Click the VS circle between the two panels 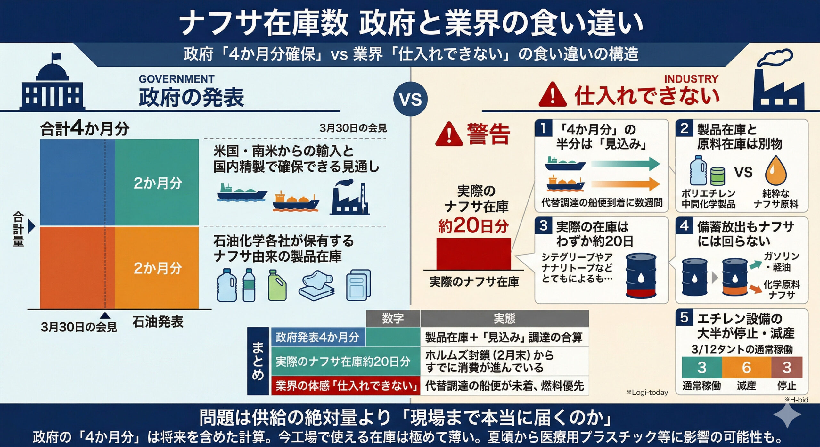click(x=410, y=99)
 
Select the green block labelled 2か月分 click(x=157, y=183)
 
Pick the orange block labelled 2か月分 click(x=157, y=268)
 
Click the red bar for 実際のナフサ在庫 click(x=473, y=254)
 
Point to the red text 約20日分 click(x=473, y=225)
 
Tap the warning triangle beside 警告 click(x=449, y=134)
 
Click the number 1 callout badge click(x=543, y=128)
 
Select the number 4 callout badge click(x=684, y=225)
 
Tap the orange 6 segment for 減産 click(x=746, y=367)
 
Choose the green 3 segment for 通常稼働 click(x=702, y=367)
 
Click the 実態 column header click(x=504, y=318)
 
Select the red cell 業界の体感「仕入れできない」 click(x=346, y=386)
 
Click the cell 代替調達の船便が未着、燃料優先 click(x=504, y=386)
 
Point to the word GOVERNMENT click(x=176, y=79)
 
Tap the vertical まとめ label click(x=258, y=361)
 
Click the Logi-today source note click(x=647, y=392)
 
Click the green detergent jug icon click(x=277, y=285)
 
